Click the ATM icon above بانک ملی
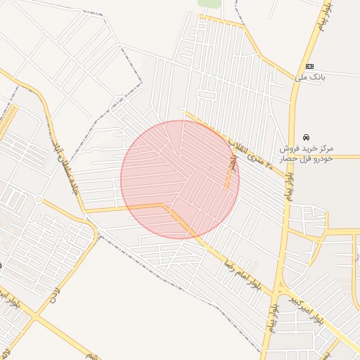point(309,66)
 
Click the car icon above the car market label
point(306,137)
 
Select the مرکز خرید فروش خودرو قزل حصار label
point(307,154)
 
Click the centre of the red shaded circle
point(180,180)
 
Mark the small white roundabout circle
point(38,199)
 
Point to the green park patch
point(210,4)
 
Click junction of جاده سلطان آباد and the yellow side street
point(84,210)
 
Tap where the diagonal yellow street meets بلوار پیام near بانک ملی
point(295,79)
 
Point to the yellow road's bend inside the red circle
point(165,205)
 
